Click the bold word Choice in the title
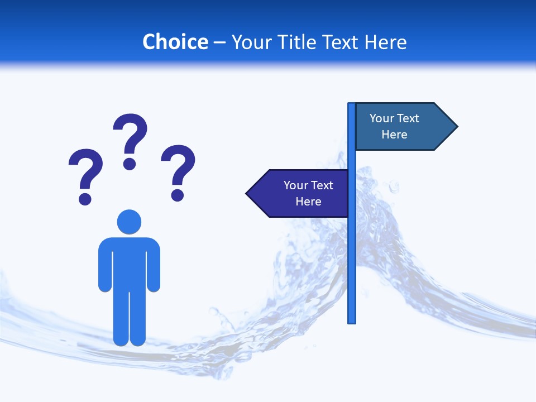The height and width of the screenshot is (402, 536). tap(175, 42)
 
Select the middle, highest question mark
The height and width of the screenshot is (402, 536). tap(130, 137)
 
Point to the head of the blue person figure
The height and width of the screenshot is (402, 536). tap(129, 222)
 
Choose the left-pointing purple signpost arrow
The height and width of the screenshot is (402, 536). tap(299, 193)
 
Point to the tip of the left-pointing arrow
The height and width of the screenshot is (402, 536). tap(248, 194)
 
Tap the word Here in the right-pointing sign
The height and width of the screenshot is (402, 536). tap(394, 135)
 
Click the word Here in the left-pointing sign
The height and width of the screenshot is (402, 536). tap(308, 202)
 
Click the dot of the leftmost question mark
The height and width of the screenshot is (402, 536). tap(85, 199)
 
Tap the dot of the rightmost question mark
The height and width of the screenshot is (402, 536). tap(178, 195)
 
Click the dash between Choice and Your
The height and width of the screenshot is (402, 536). tap(219, 42)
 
